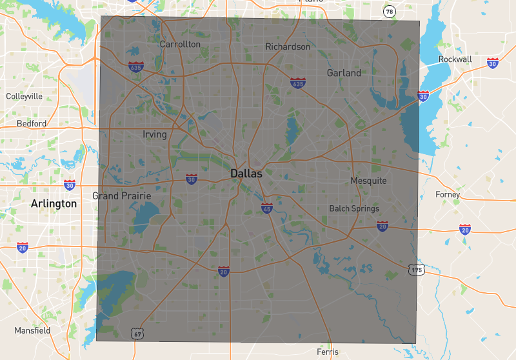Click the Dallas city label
tap(246, 174)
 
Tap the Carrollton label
tap(180, 45)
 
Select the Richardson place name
tap(288, 47)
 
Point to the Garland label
tap(344, 73)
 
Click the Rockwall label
tap(455, 59)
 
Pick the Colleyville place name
tap(25, 96)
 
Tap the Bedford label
tap(32, 123)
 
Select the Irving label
tap(155, 135)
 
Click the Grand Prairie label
tap(122, 195)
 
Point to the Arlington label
tap(54, 203)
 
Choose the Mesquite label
tap(368, 181)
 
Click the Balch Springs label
tap(354, 208)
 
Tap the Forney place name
tap(448, 195)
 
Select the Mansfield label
tap(32, 330)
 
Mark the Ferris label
tap(327, 352)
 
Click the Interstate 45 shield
tap(267, 209)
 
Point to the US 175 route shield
tap(416, 270)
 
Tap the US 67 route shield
tap(136, 333)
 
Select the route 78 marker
tap(389, 12)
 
